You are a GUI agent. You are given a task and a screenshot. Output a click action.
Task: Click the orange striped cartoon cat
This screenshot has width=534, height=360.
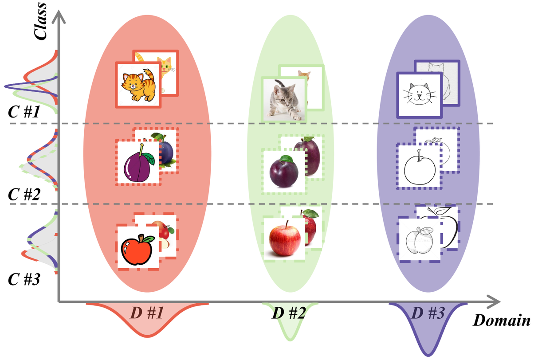coord(137,84)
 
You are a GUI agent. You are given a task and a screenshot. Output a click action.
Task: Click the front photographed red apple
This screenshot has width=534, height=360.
coord(284,239)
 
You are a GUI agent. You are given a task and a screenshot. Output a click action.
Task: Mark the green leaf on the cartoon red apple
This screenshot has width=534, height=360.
coord(148,240)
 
